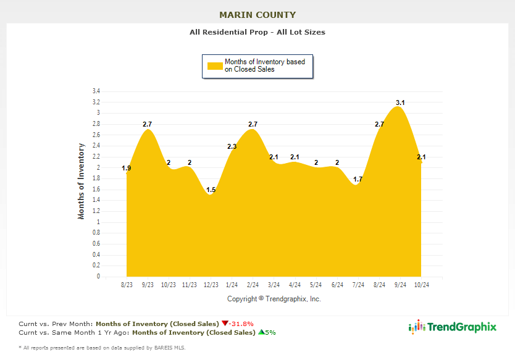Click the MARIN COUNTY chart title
[x=257, y=15]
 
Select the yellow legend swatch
[x=214, y=66]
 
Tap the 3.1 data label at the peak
[x=400, y=103]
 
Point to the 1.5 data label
[x=211, y=190]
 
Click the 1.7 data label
[x=358, y=180]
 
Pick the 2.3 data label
[x=232, y=146]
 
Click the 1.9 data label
[x=126, y=168]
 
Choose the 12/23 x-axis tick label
[x=211, y=285]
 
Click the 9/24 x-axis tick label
[x=400, y=285]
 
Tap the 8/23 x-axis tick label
[x=127, y=285]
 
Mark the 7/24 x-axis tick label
[x=358, y=285]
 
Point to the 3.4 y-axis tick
[x=96, y=91]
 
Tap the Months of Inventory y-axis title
[x=81, y=181]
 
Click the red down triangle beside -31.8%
[x=225, y=323]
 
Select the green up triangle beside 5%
[x=261, y=332]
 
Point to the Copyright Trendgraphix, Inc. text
[x=274, y=299]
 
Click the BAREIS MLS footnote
[x=102, y=348]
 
